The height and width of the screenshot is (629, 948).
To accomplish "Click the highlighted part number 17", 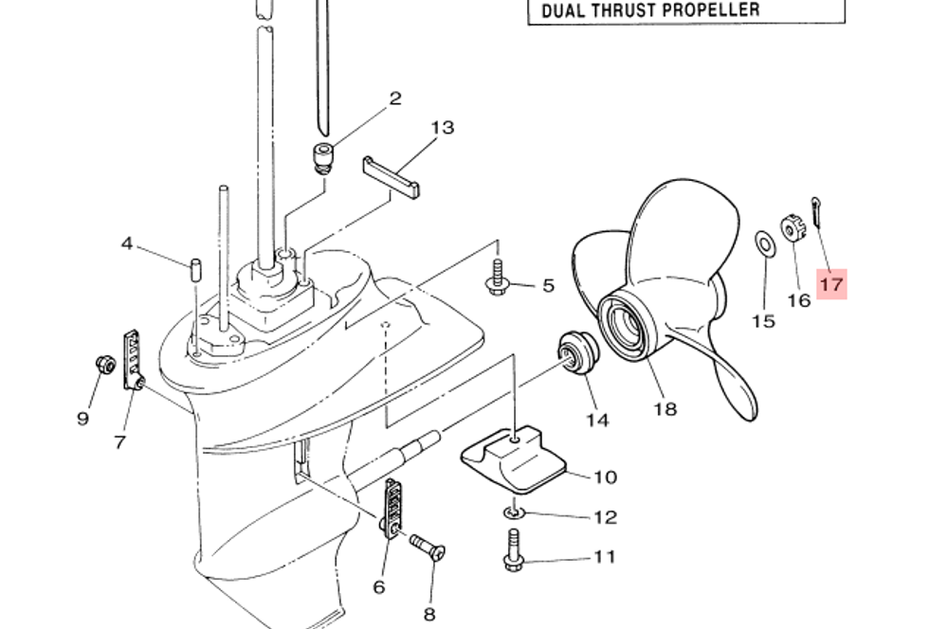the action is [831, 284].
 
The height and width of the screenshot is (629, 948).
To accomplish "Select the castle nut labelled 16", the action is [793, 228].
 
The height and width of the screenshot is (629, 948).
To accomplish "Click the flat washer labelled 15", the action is [766, 243].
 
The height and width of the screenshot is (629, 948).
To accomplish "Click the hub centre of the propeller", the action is [629, 323].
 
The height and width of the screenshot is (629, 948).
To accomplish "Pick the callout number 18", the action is [665, 409].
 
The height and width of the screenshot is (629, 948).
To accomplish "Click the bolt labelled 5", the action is [498, 278].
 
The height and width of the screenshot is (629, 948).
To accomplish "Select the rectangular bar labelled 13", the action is [391, 177].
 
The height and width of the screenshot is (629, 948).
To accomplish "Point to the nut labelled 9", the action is [106, 365].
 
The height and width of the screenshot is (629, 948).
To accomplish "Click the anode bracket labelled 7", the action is [133, 361].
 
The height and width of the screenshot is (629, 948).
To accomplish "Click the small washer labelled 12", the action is [513, 513].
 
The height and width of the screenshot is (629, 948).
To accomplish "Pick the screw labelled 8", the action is [428, 547].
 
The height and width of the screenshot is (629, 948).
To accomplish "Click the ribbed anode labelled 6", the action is [392, 507].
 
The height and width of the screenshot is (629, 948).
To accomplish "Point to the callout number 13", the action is [443, 128].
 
